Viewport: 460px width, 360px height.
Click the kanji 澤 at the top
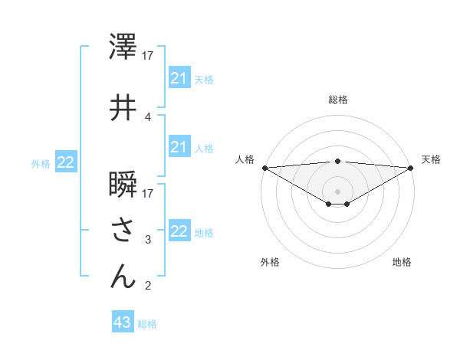point(123,47)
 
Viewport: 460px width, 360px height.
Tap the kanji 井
point(123,108)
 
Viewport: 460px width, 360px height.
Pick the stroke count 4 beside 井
point(148,116)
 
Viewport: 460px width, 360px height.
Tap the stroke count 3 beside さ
point(148,240)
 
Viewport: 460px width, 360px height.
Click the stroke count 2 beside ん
point(148,286)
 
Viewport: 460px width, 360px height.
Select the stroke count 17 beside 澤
point(148,55)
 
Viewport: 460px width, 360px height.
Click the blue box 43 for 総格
point(123,322)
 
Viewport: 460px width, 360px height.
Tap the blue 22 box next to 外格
point(66,162)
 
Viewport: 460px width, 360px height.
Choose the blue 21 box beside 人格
point(179,147)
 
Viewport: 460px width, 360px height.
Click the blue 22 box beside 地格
point(179,231)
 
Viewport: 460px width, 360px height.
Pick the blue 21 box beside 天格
point(179,78)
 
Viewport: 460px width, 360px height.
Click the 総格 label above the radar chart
point(337,100)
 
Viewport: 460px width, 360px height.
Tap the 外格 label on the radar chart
point(270,263)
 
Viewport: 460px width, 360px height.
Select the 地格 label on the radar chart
point(402,263)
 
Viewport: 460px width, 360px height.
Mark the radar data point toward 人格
point(264,167)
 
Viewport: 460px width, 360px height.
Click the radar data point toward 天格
point(410,167)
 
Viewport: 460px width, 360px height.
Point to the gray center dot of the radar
point(337,191)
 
